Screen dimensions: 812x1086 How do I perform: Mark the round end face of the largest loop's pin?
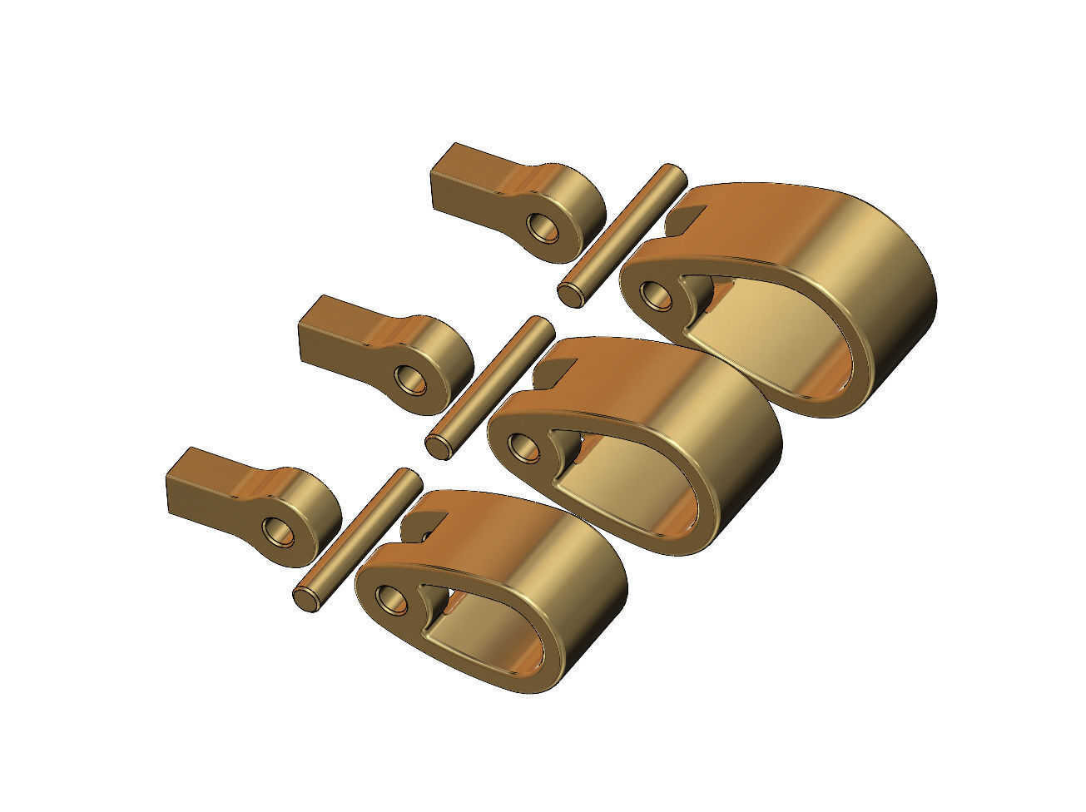click(570, 294)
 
